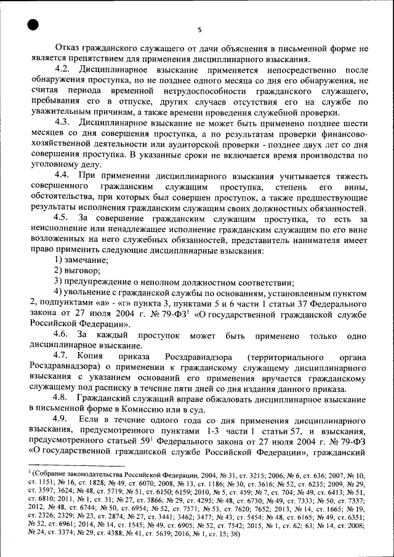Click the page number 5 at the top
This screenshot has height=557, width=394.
(x=199, y=29)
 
